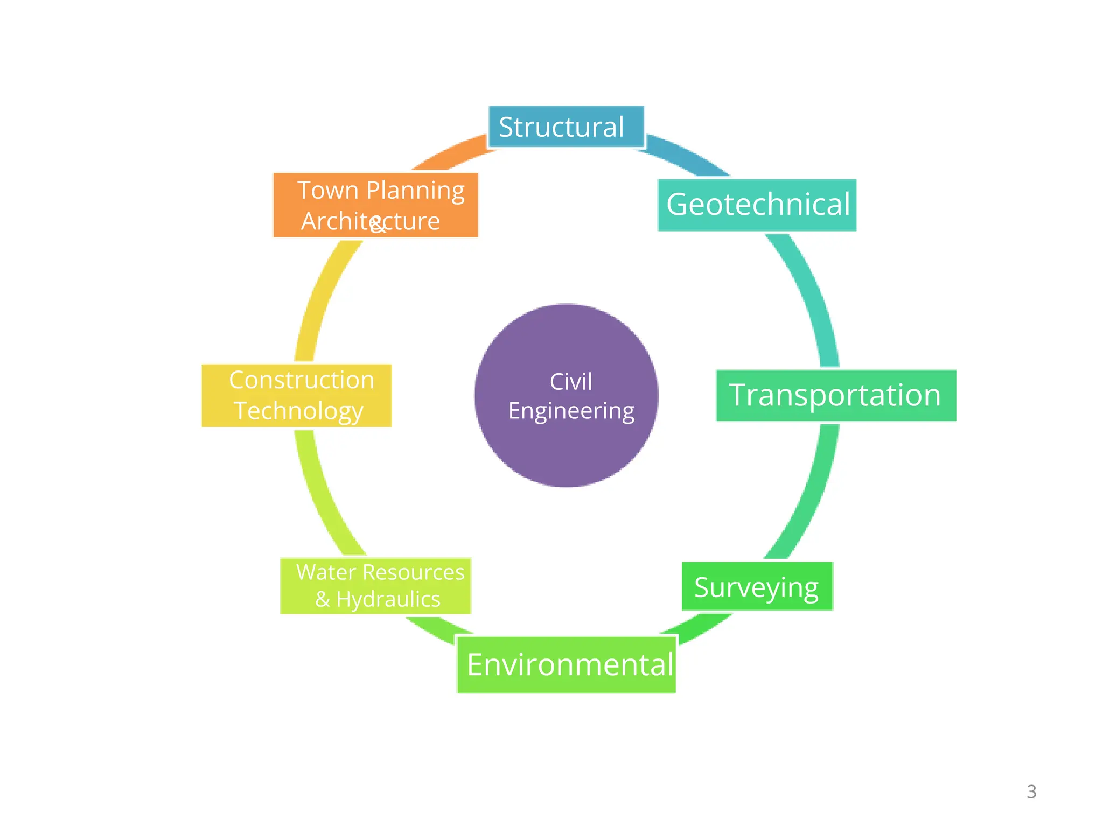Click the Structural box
click(x=566, y=127)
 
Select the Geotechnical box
click(x=757, y=205)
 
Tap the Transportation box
click(x=835, y=395)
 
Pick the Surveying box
click(x=757, y=586)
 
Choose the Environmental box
click(x=567, y=665)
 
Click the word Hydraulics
click(x=388, y=599)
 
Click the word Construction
click(x=302, y=380)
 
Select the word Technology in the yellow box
click(x=299, y=411)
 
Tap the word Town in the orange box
click(x=328, y=191)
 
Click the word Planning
click(x=415, y=191)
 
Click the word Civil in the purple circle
click(x=571, y=382)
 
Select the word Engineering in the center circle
click(x=571, y=411)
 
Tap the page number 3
click(x=1031, y=791)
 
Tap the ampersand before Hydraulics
click(x=322, y=599)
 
